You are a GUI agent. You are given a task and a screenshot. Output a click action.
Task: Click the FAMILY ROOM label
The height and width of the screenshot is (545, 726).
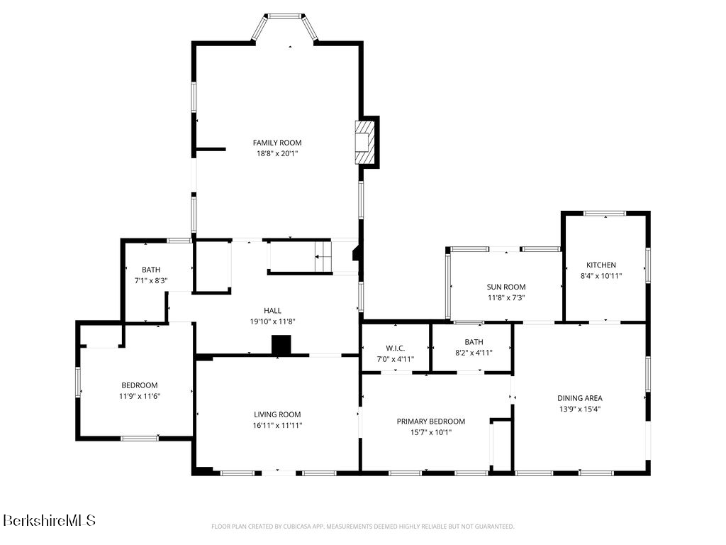pyautogui.click(x=277, y=143)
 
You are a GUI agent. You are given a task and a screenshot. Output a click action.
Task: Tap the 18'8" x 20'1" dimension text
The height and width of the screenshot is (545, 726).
pyautogui.click(x=277, y=153)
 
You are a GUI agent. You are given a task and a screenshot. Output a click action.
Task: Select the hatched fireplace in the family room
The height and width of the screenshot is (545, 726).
pyautogui.click(x=364, y=142)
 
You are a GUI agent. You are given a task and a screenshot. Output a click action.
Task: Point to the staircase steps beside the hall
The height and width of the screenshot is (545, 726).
pyautogui.click(x=323, y=256)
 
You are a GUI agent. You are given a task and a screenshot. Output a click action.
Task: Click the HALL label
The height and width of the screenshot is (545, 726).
pyautogui.click(x=272, y=311)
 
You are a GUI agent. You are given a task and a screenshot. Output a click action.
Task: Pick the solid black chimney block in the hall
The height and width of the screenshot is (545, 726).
pyautogui.click(x=281, y=346)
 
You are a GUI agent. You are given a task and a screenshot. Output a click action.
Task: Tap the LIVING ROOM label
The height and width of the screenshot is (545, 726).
pyautogui.click(x=277, y=414)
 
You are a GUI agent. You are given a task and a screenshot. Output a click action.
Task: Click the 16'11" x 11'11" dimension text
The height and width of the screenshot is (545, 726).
pyautogui.click(x=277, y=426)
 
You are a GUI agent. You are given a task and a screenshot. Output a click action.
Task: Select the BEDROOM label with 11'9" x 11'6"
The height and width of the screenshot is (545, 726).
pyautogui.click(x=140, y=385)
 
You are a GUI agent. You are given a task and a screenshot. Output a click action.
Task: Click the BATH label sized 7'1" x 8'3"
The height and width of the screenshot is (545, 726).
pyautogui.click(x=151, y=269)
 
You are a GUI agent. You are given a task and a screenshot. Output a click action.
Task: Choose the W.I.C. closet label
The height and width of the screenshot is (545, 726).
pyautogui.click(x=395, y=348)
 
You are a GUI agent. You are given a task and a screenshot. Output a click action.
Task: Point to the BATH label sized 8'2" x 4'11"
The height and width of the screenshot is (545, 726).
pyautogui.click(x=474, y=342)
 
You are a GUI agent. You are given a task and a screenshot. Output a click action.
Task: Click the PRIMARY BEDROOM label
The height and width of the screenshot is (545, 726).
pyautogui.click(x=430, y=422)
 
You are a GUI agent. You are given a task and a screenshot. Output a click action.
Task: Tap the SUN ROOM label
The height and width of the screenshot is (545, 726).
pyautogui.click(x=506, y=287)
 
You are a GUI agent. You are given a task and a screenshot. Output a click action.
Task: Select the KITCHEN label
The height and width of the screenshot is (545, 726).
pyautogui.click(x=601, y=265)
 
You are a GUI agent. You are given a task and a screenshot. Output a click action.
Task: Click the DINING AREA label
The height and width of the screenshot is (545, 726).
pyautogui.click(x=580, y=398)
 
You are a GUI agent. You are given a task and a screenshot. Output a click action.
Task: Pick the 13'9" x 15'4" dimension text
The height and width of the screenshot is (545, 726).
pyautogui.click(x=580, y=409)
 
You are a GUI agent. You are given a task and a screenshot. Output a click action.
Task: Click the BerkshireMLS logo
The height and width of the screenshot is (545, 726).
pyautogui.click(x=49, y=520)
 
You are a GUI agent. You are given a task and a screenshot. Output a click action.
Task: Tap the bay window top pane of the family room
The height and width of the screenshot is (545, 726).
pyautogui.click(x=285, y=16)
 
